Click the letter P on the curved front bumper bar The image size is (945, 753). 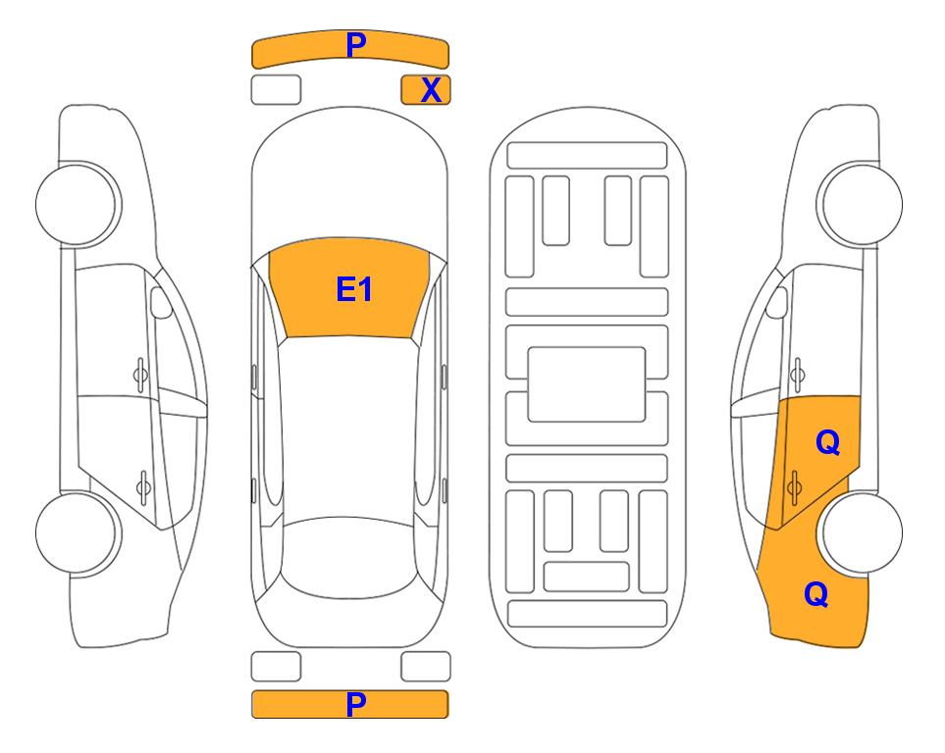coord(355,45)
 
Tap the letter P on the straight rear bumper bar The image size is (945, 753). coord(355,704)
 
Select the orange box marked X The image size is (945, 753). coord(426,90)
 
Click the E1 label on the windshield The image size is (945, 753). coord(354,289)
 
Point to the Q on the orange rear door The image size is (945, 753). coord(827,443)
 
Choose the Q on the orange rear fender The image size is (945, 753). coord(816,594)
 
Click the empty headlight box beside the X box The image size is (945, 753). coord(276,90)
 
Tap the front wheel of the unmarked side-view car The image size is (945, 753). coord(77,204)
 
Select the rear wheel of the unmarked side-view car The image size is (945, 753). coord(77,532)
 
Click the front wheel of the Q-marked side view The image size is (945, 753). coord(862,204)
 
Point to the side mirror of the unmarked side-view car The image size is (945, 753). coord(160,303)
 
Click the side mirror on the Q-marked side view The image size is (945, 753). coord(777,303)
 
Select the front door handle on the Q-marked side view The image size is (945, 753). coord(798,375)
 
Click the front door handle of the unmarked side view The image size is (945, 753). coord(140,375)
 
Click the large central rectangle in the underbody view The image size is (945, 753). coord(587,384)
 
